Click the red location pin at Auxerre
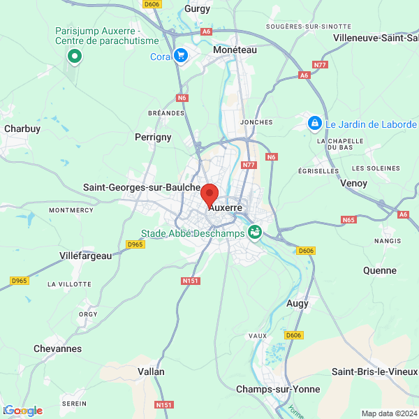[209, 193]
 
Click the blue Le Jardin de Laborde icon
[316, 124]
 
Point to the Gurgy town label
[197, 9]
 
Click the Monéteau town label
[235, 50]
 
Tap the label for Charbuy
[22, 128]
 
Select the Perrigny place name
[153, 137]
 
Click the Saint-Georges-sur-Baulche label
[142, 187]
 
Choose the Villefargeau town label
[86, 256]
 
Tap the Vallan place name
[152, 372]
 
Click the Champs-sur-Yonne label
[278, 389]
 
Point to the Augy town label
[297, 304]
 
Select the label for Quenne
[380, 270]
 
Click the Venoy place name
[353, 183]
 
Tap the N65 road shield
[348, 219]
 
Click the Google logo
[23, 411]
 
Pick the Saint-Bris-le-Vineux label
[374, 371]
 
